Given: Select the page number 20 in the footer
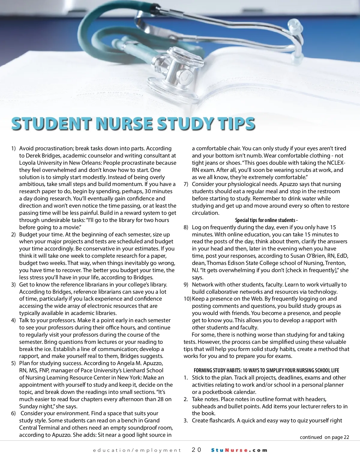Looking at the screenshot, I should click(197, 450).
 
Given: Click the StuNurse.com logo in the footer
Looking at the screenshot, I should click(239, 450).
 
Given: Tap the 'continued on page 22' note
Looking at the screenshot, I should click(324, 437).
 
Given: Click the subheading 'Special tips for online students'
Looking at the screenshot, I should click(266, 220).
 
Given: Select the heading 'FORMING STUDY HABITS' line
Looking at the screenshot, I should click(266, 370).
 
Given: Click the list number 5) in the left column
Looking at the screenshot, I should click(13, 363).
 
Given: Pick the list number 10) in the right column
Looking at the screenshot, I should click(187, 299).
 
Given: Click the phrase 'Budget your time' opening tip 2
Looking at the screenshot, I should click(41, 235).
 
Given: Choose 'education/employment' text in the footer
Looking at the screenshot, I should click(137, 450).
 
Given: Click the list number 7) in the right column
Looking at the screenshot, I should click(186, 184).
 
